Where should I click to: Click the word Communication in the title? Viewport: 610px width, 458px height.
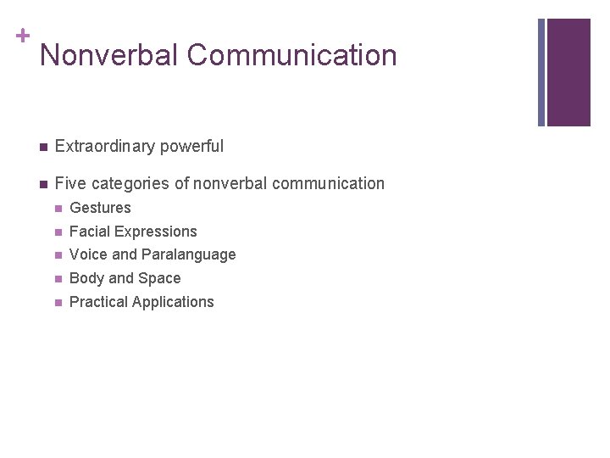click(x=291, y=56)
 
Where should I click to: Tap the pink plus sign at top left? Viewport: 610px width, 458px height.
click(x=21, y=36)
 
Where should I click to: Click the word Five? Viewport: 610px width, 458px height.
click(x=70, y=184)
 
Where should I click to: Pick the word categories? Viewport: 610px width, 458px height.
click(x=138, y=184)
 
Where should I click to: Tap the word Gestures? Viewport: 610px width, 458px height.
click(x=100, y=208)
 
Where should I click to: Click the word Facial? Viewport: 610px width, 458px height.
click(x=88, y=232)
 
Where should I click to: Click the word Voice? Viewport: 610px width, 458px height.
click(x=86, y=254)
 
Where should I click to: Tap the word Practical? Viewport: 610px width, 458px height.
click(x=98, y=302)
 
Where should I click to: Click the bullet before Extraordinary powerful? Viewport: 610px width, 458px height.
click(x=42, y=147)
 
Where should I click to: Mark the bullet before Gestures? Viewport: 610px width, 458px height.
click(x=58, y=208)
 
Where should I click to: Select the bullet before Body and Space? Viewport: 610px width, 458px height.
click(x=58, y=278)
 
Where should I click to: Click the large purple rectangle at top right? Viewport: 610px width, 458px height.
click(x=568, y=72)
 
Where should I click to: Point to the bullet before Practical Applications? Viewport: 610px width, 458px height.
click(x=58, y=302)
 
